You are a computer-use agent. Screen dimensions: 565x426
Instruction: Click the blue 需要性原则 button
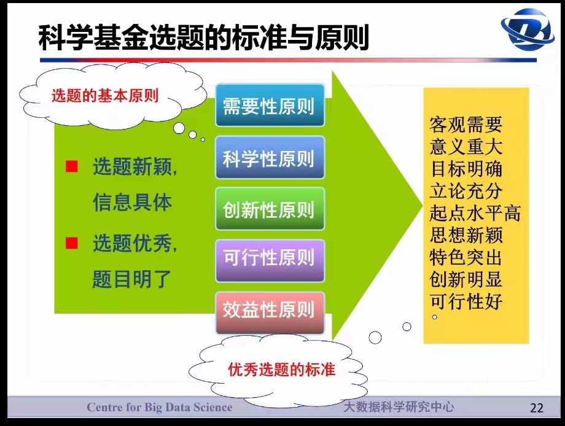[x=270, y=105]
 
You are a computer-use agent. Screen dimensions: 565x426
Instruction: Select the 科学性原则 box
[x=270, y=158]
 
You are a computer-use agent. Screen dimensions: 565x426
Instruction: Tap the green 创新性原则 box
[x=270, y=209]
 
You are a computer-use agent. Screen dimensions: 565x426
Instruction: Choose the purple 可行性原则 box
[x=270, y=261]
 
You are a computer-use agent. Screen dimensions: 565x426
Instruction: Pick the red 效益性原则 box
[x=270, y=313]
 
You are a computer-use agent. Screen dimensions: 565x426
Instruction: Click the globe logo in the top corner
[x=527, y=29]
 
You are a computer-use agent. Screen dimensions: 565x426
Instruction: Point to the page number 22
[x=537, y=408]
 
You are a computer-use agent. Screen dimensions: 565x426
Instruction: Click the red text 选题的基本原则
[x=105, y=96]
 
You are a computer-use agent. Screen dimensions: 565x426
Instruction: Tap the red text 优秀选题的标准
[x=281, y=370]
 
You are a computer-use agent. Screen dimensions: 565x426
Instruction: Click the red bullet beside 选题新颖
[x=72, y=166]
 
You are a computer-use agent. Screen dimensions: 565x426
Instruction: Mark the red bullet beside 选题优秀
[x=72, y=243]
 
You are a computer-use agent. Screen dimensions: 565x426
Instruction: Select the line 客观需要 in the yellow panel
[x=466, y=125]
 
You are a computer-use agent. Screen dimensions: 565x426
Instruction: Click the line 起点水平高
[x=475, y=213]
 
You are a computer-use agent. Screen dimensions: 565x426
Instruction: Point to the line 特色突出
[x=466, y=257]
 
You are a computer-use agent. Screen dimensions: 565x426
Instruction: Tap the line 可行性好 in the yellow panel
[x=466, y=301]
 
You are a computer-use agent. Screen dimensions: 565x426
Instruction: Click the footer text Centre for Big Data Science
[x=159, y=407]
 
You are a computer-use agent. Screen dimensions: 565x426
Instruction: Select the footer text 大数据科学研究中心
[x=399, y=407]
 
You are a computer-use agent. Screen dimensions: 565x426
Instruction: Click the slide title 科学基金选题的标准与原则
[x=204, y=37]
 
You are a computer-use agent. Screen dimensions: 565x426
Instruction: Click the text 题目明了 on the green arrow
[x=131, y=279]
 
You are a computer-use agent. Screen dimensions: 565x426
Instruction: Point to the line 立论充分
[x=466, y=191]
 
